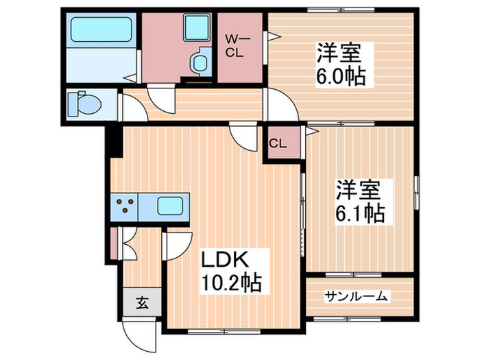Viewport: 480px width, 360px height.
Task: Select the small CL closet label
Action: coord(278,144)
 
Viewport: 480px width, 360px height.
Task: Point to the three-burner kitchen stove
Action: coord(125,206)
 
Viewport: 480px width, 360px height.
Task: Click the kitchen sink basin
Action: coord(169,206)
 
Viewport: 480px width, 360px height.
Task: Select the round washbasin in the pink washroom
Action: coord(201,62)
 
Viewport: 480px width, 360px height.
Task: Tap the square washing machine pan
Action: coord(195,29)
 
